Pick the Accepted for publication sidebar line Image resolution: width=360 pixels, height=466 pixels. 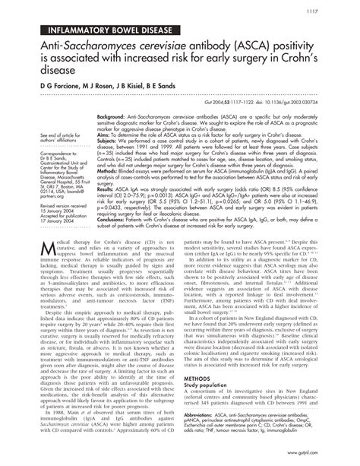click(x=50, y=211)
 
